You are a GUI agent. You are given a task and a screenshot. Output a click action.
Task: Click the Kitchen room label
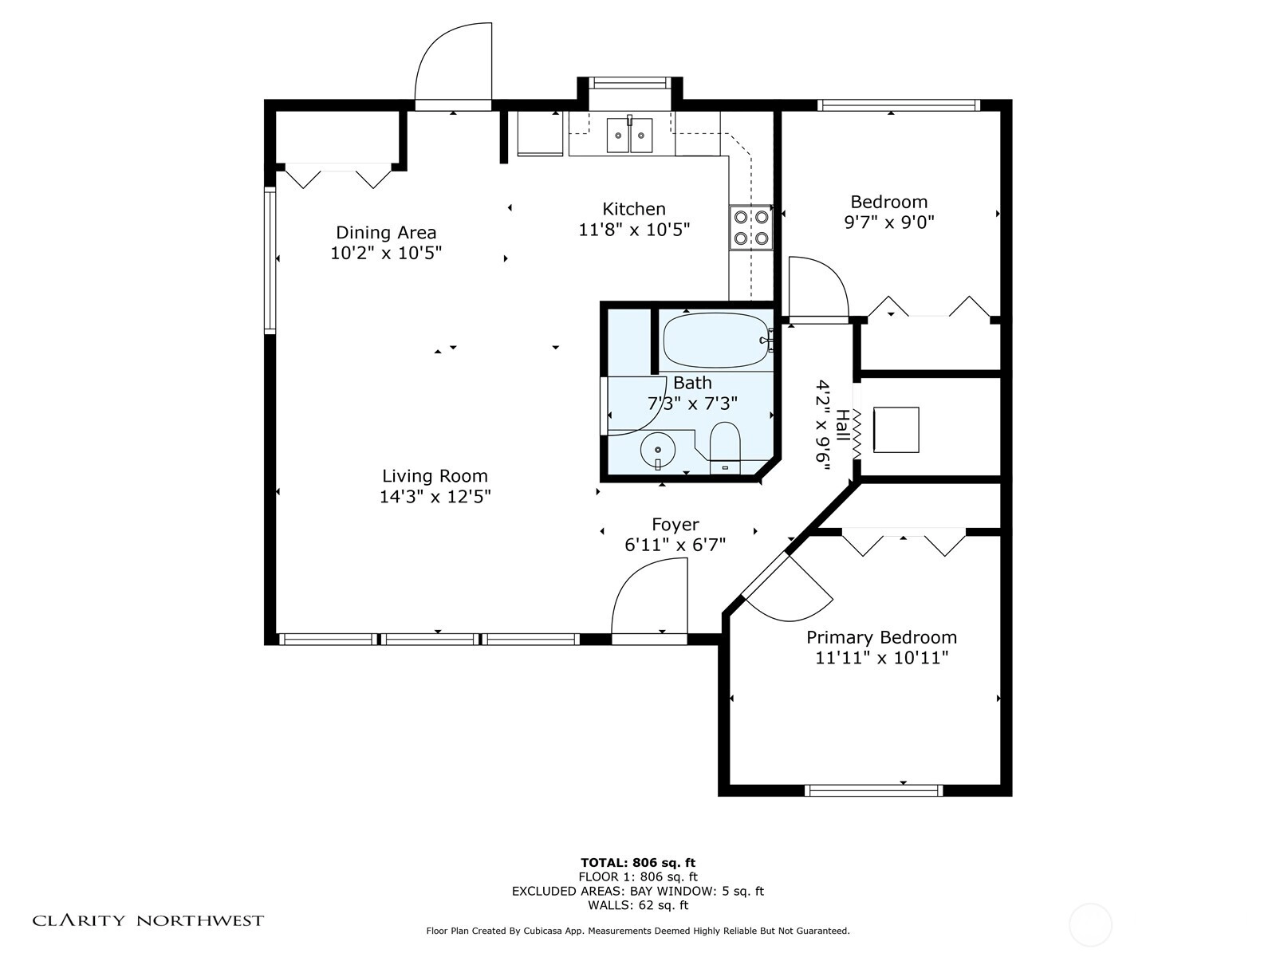pos(634,209)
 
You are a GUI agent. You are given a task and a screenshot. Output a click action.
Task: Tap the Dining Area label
pos(386,233)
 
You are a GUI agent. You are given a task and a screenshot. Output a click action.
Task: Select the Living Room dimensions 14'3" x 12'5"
pos(435,497)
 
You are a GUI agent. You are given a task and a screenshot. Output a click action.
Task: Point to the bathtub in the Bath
pos(715,341)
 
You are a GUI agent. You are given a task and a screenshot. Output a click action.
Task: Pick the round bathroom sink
pos(658,451)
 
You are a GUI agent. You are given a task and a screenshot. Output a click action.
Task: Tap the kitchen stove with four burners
pos(750,227)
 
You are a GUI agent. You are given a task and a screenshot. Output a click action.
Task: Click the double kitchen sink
pos(630,135)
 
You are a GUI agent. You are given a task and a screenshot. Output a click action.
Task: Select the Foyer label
pos(675,525)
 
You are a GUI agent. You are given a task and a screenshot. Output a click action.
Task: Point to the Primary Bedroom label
pos(881,638)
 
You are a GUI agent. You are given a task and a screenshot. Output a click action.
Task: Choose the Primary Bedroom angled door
pos(790,590)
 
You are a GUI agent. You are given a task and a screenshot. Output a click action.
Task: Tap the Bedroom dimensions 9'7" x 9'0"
pos(889,222)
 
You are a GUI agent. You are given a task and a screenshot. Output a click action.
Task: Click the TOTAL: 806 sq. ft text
pos(638,863)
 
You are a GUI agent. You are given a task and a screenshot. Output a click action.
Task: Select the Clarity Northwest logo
pos(148,921)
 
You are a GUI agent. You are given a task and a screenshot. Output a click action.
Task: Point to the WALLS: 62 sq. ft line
pos(638,905)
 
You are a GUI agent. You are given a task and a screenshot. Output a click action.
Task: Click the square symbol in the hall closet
pos(896,430)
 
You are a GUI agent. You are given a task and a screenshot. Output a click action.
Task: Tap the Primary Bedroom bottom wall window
pos(874,790)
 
